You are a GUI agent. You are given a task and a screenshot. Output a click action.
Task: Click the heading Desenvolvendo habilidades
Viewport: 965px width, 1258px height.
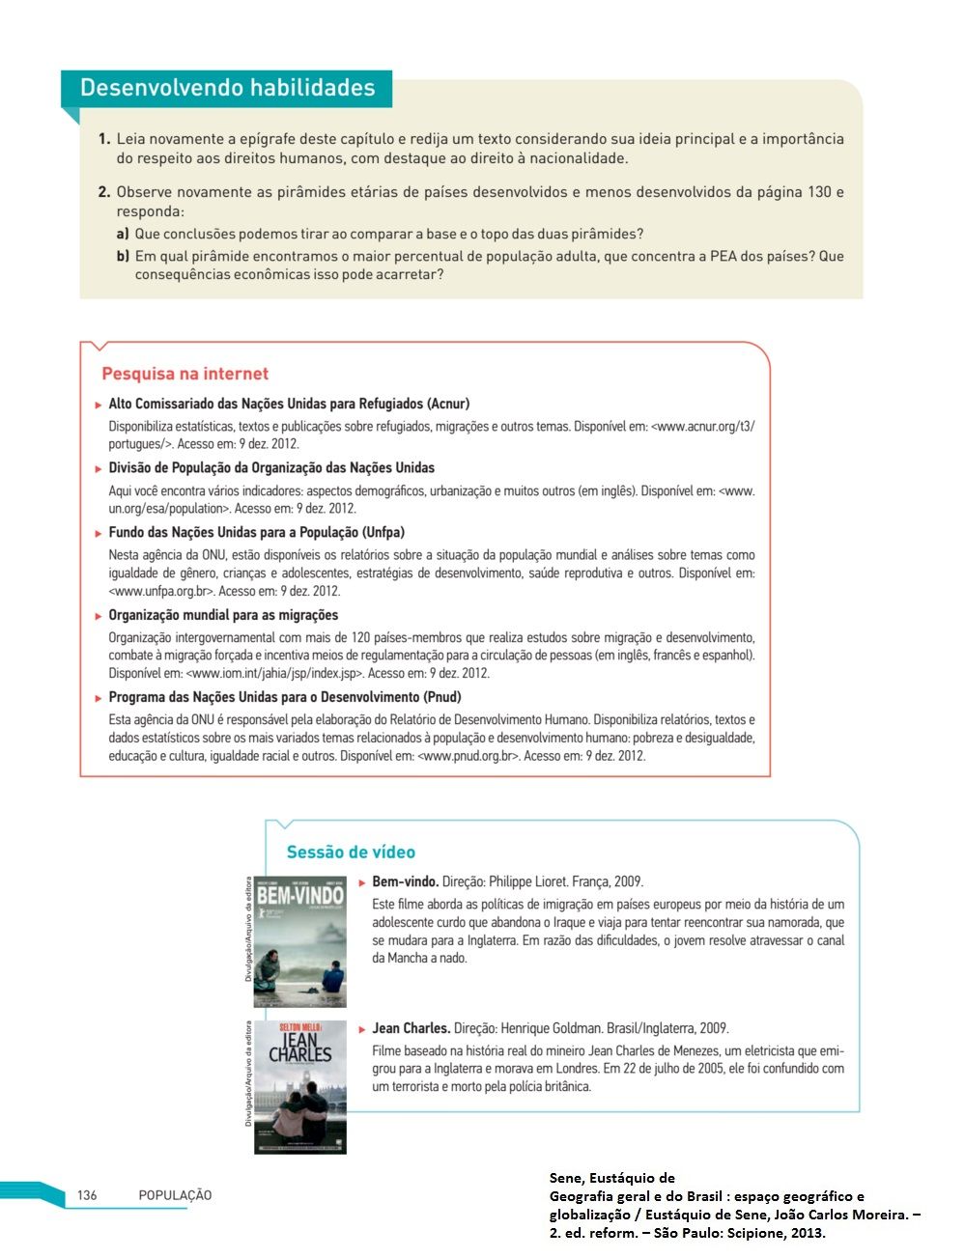227,88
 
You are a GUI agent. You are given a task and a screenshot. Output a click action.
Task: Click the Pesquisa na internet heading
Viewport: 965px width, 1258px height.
184,374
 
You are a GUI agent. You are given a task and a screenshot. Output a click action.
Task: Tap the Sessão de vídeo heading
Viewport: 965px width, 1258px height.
351,853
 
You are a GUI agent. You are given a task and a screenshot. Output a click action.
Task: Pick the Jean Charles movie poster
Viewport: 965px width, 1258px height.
299,1087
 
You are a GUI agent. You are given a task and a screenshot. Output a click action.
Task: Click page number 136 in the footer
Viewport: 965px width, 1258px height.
87,1195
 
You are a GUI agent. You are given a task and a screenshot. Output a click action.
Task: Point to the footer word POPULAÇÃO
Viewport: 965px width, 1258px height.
175,1195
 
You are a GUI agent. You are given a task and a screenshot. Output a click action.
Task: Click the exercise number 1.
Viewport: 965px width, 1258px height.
104,139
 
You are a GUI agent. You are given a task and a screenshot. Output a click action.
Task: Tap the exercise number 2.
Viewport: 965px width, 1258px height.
104,192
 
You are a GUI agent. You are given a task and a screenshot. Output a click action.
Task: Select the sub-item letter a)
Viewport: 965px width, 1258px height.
123,234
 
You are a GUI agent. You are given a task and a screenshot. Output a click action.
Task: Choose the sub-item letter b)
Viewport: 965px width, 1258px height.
123,256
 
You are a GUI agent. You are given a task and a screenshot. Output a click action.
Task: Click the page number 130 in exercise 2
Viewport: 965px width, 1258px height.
819,192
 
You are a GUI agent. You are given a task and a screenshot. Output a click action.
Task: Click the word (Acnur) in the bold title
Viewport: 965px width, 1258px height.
448,404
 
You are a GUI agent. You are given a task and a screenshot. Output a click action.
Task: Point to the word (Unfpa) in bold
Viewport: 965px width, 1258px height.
383,532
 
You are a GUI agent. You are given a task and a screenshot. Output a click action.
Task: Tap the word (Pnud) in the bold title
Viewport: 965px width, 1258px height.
443,697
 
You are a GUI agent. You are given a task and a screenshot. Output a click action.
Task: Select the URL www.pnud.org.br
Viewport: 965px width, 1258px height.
468,756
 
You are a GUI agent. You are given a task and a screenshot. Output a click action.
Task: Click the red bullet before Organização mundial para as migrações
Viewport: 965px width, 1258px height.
99,616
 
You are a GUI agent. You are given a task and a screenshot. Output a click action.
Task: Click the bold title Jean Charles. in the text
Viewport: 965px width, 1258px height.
411,1028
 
